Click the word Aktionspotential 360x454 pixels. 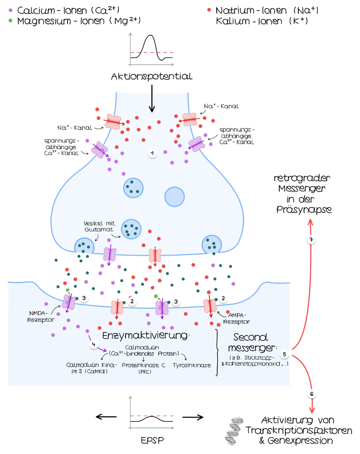pyautogui.click(x=151, y=77)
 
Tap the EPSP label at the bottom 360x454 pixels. pyautogui.click(x=151, y=440)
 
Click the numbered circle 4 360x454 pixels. pyautogui.click(x=93, y=346)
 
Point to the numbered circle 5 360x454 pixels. pyautogui.click(x=285, y=354)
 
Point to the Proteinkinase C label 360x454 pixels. pyautogui.click(x=144, y=367)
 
